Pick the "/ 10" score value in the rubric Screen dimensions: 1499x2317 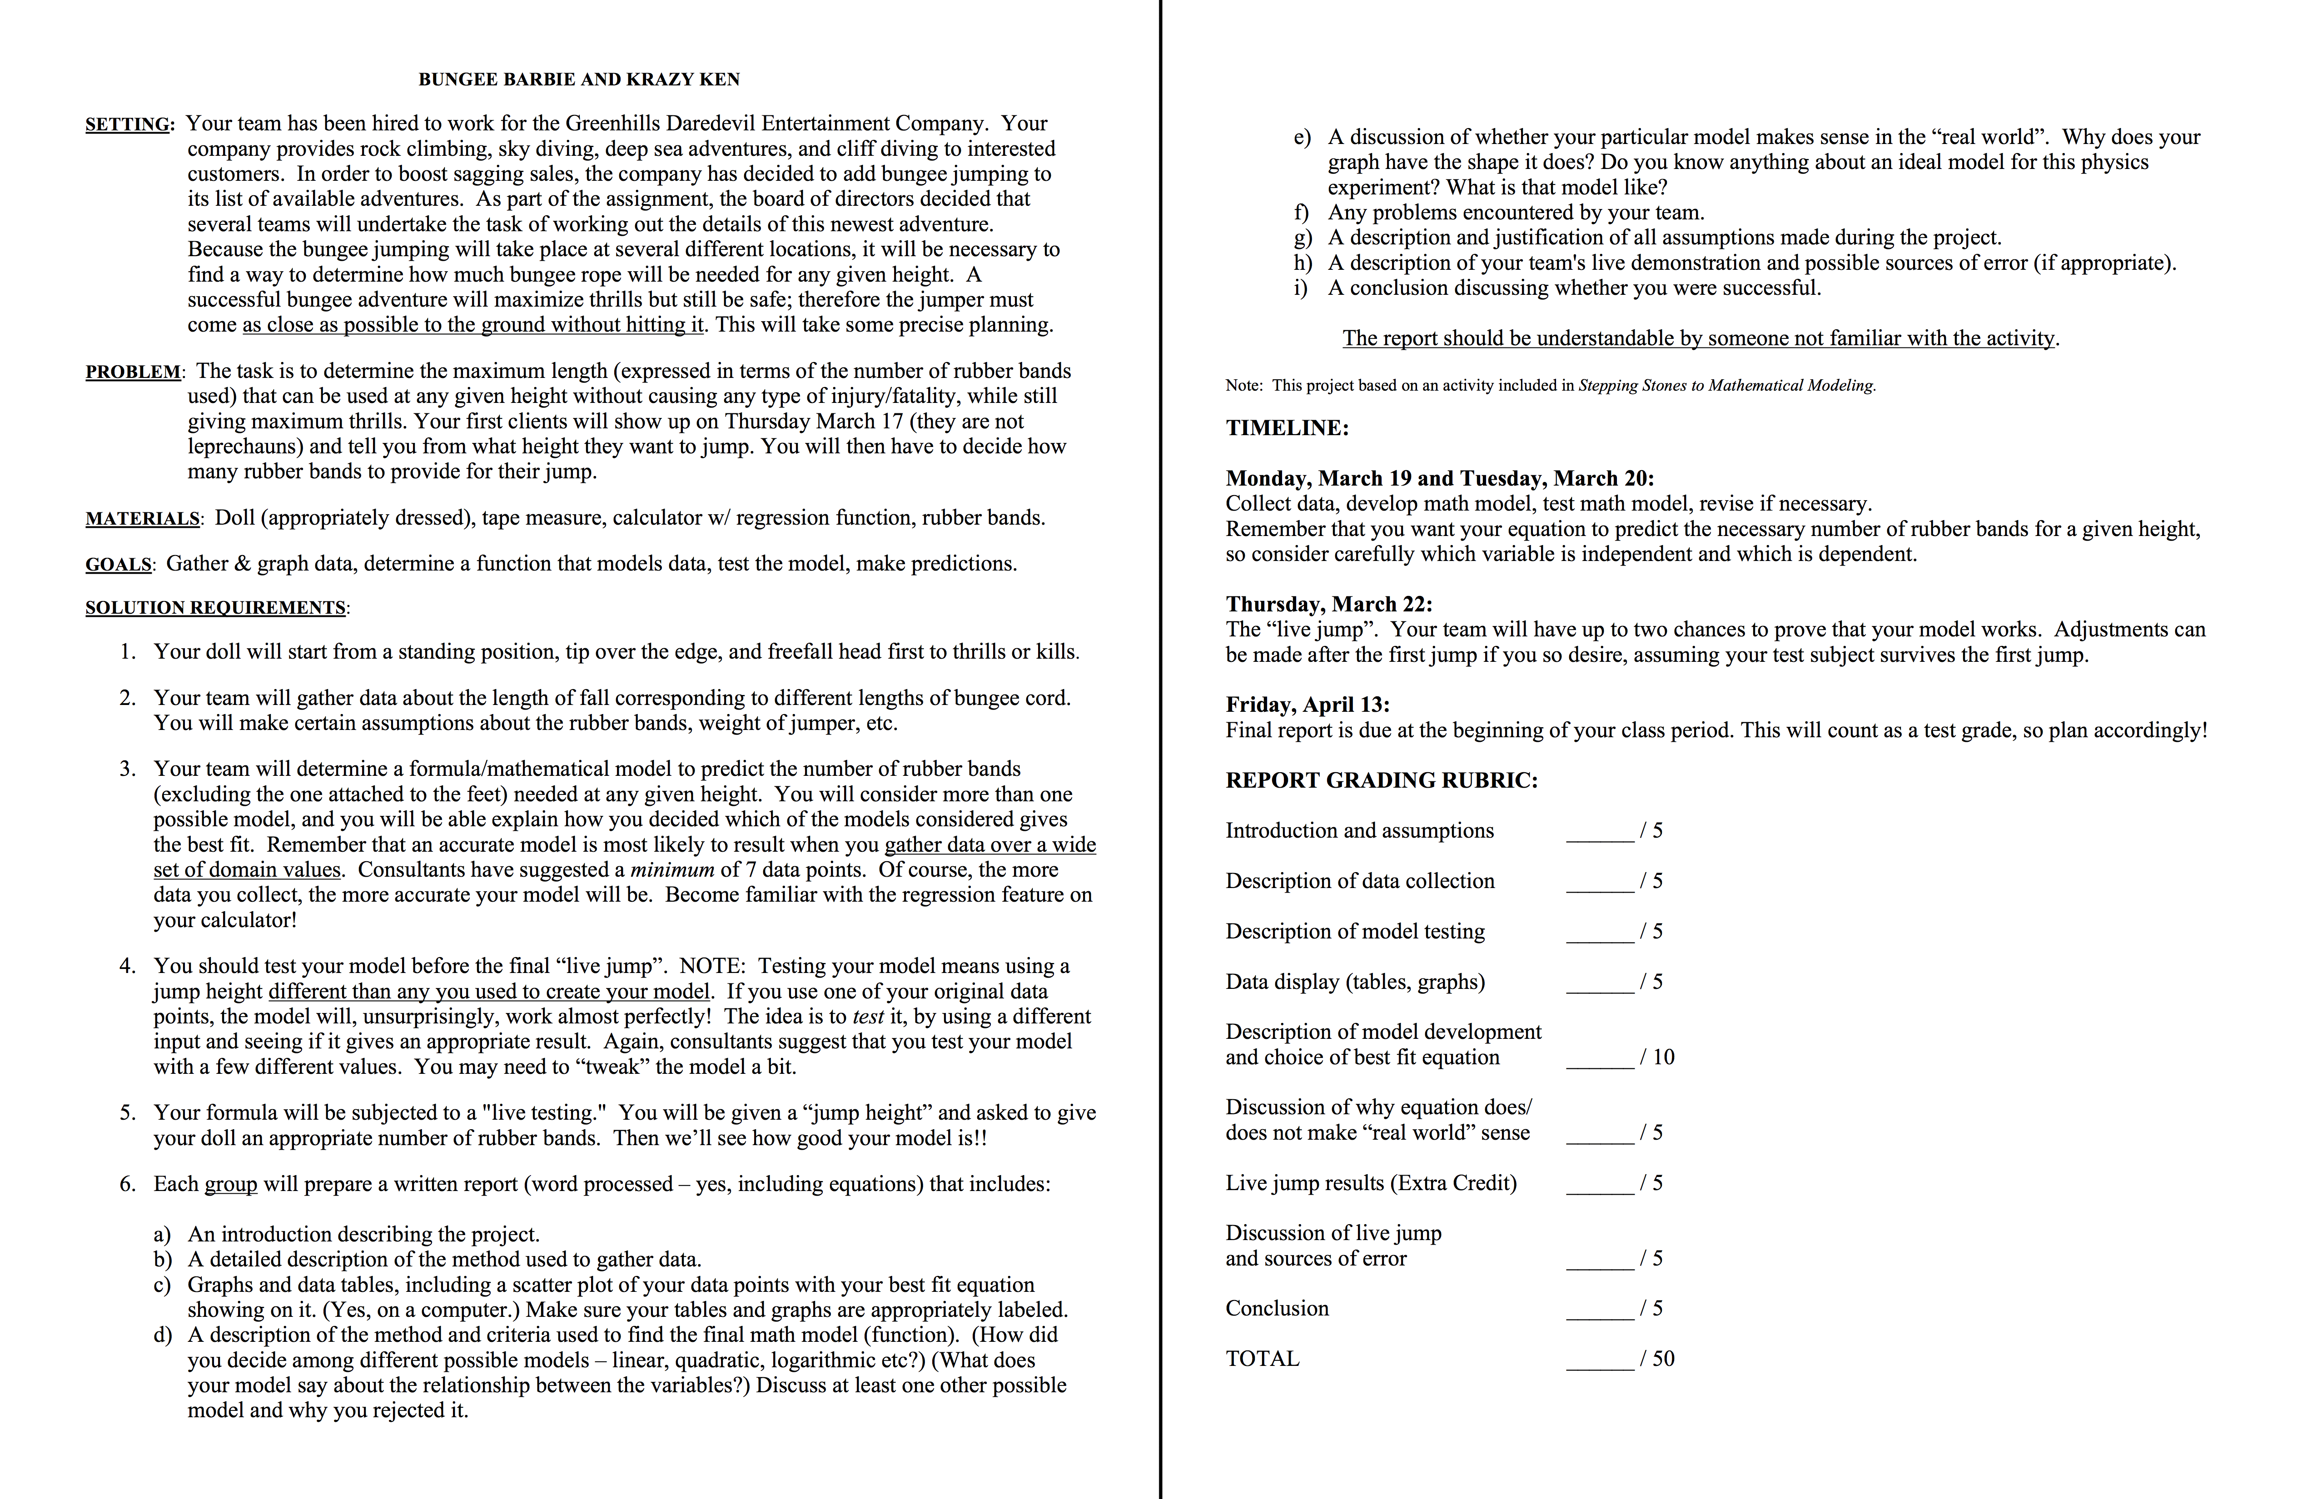pyautogui.click(x=1657, y=1057)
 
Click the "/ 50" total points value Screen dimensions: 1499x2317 pyautogui.click(x=1657, y=1359)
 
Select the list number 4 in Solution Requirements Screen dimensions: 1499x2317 pyautogui.click(x=128, y=967)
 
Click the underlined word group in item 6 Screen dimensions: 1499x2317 pyautogui.click(x=231, y=1185)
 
